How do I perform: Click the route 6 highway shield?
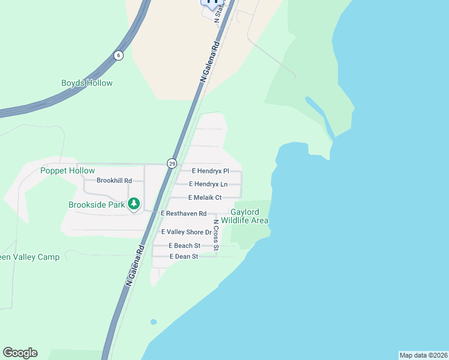[x=118, y=55]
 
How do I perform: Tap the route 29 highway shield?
[x=172, y=163]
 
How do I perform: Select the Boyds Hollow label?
[x=87, y=83]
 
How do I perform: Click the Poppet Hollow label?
[x=68, y=171]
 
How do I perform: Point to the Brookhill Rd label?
[x=114, y=180]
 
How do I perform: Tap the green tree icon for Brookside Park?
[x=134, y=205]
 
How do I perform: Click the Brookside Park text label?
[x=96, y=205]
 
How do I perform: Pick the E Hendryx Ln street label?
[x=208, y=184]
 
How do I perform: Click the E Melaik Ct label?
[x=205, y=197]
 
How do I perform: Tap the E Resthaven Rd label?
[x=184, y=214]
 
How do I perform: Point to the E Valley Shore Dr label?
[x=187, y=232]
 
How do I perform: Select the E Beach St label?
[x=184, y=246]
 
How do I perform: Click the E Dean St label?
[x=184, y=257]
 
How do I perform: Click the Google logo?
[x=20, y=353]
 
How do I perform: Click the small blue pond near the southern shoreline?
[x=154, y=322]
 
